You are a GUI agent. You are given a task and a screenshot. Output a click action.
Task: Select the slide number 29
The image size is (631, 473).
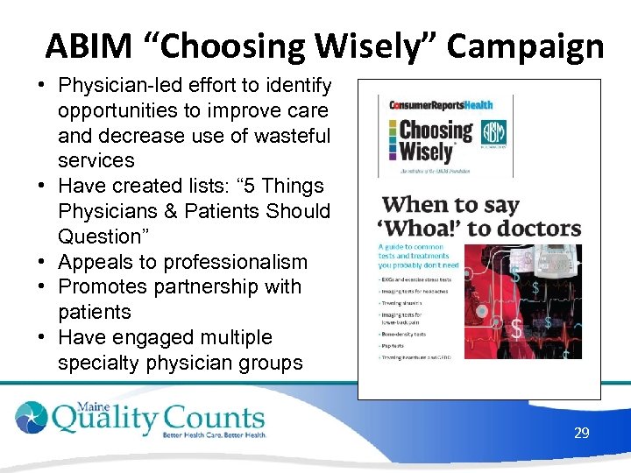[x=581, y=433]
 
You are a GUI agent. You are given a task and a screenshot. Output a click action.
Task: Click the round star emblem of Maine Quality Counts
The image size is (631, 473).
[x=33, y=417]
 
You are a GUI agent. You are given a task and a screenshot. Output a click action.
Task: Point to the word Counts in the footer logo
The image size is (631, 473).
[x=212, y=418]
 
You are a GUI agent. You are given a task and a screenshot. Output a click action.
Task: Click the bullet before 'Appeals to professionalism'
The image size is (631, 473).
[x=41, y=262]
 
